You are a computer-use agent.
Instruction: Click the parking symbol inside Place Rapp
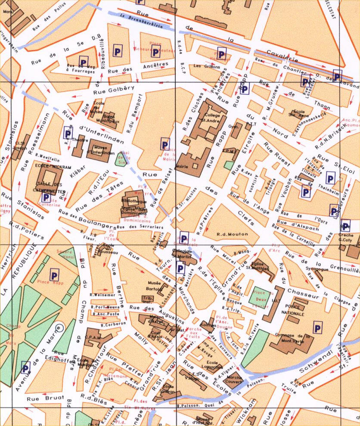pos(55,274)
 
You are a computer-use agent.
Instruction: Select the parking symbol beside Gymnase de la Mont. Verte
pos(318,328)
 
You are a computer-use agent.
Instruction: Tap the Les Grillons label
pos(207,67)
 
